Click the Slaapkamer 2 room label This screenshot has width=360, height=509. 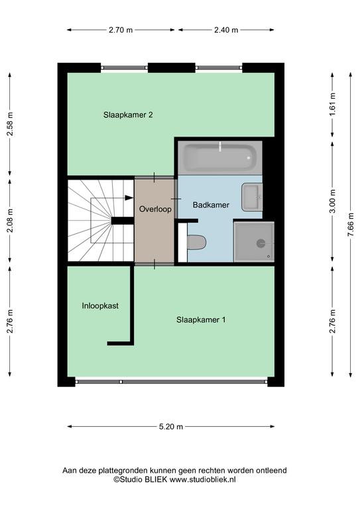pyautogui.click(x=128, y=115)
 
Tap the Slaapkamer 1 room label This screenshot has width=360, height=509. pyautogui.click(x=201, y=319)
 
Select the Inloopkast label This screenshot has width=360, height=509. pyautogui.click(x=100, y=306)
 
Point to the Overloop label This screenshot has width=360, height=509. pyautogui.click(x=155, y=209)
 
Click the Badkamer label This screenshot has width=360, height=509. pyautogui.click(x=211, y=205)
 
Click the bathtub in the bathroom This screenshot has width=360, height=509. pyautogui.click(x=219, y=158)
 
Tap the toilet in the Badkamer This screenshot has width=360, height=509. pyautogui.click(x=196, y=243)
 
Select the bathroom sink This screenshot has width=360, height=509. pyautogui.click(x=252, y=197)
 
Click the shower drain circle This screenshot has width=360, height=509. pyautogui.click(x=261, y=243)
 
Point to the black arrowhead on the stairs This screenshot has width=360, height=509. pyautogui.click(x=129, y=198)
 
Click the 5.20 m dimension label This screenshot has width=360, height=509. pyautogui.click(x=171, y=427)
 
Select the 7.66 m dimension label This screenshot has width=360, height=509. pyautogui.click(x=351, y=225)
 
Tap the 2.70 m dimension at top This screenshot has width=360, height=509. pyautogui.click(x=121, y=30)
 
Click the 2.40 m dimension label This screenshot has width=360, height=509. pyautogui.click(x=226, y=30)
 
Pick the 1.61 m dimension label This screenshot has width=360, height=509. pyautogui.click(x=332, y=105)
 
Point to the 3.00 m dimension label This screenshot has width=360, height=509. pyautogui.click(x=332, y=201)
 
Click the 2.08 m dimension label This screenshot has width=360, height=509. pyautogui.click(x=11, y=221)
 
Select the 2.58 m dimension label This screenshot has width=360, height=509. pyautogui.click(x=11, y=124)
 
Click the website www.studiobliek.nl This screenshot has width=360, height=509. pyautogui.click(x=203, y=479)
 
